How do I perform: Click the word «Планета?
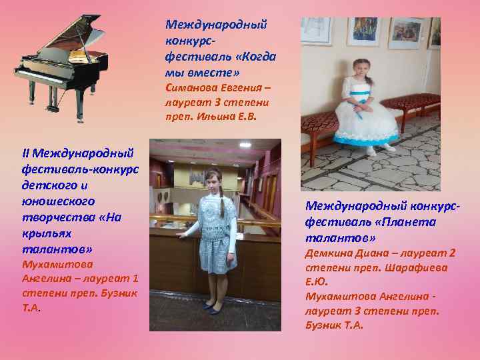[410, 222]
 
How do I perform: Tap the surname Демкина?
[327, 253]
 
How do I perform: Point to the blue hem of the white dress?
[366, 141]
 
